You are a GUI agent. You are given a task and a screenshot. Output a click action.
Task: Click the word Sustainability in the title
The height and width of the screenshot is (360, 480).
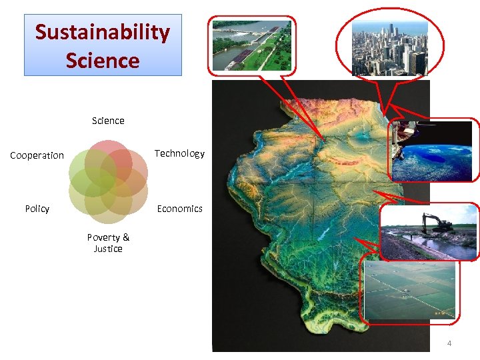click(x=103, y=32)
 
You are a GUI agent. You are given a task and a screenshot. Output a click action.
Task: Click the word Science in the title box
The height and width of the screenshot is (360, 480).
click(x=103, y=61)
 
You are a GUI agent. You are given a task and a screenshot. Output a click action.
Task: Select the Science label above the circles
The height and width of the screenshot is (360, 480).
click(x=108, y=121)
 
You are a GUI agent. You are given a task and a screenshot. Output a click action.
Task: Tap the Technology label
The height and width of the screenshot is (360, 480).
click(x=179, y=153)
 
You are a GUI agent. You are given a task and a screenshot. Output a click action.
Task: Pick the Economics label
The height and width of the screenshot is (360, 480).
click(x=179, y=209)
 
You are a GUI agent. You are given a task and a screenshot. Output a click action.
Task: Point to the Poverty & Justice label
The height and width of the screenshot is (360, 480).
click(x=108, y=243)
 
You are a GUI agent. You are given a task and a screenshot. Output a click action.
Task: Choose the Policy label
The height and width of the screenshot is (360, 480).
click(x=37, y=209)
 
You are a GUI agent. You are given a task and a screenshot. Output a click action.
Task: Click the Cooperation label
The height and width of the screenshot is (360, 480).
click(x=37, y=155)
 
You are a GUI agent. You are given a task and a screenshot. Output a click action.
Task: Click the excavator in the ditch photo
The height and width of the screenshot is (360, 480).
click(x=429, y=232)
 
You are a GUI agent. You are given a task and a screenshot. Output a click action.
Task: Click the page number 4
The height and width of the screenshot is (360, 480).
click(x=449, y=343)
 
